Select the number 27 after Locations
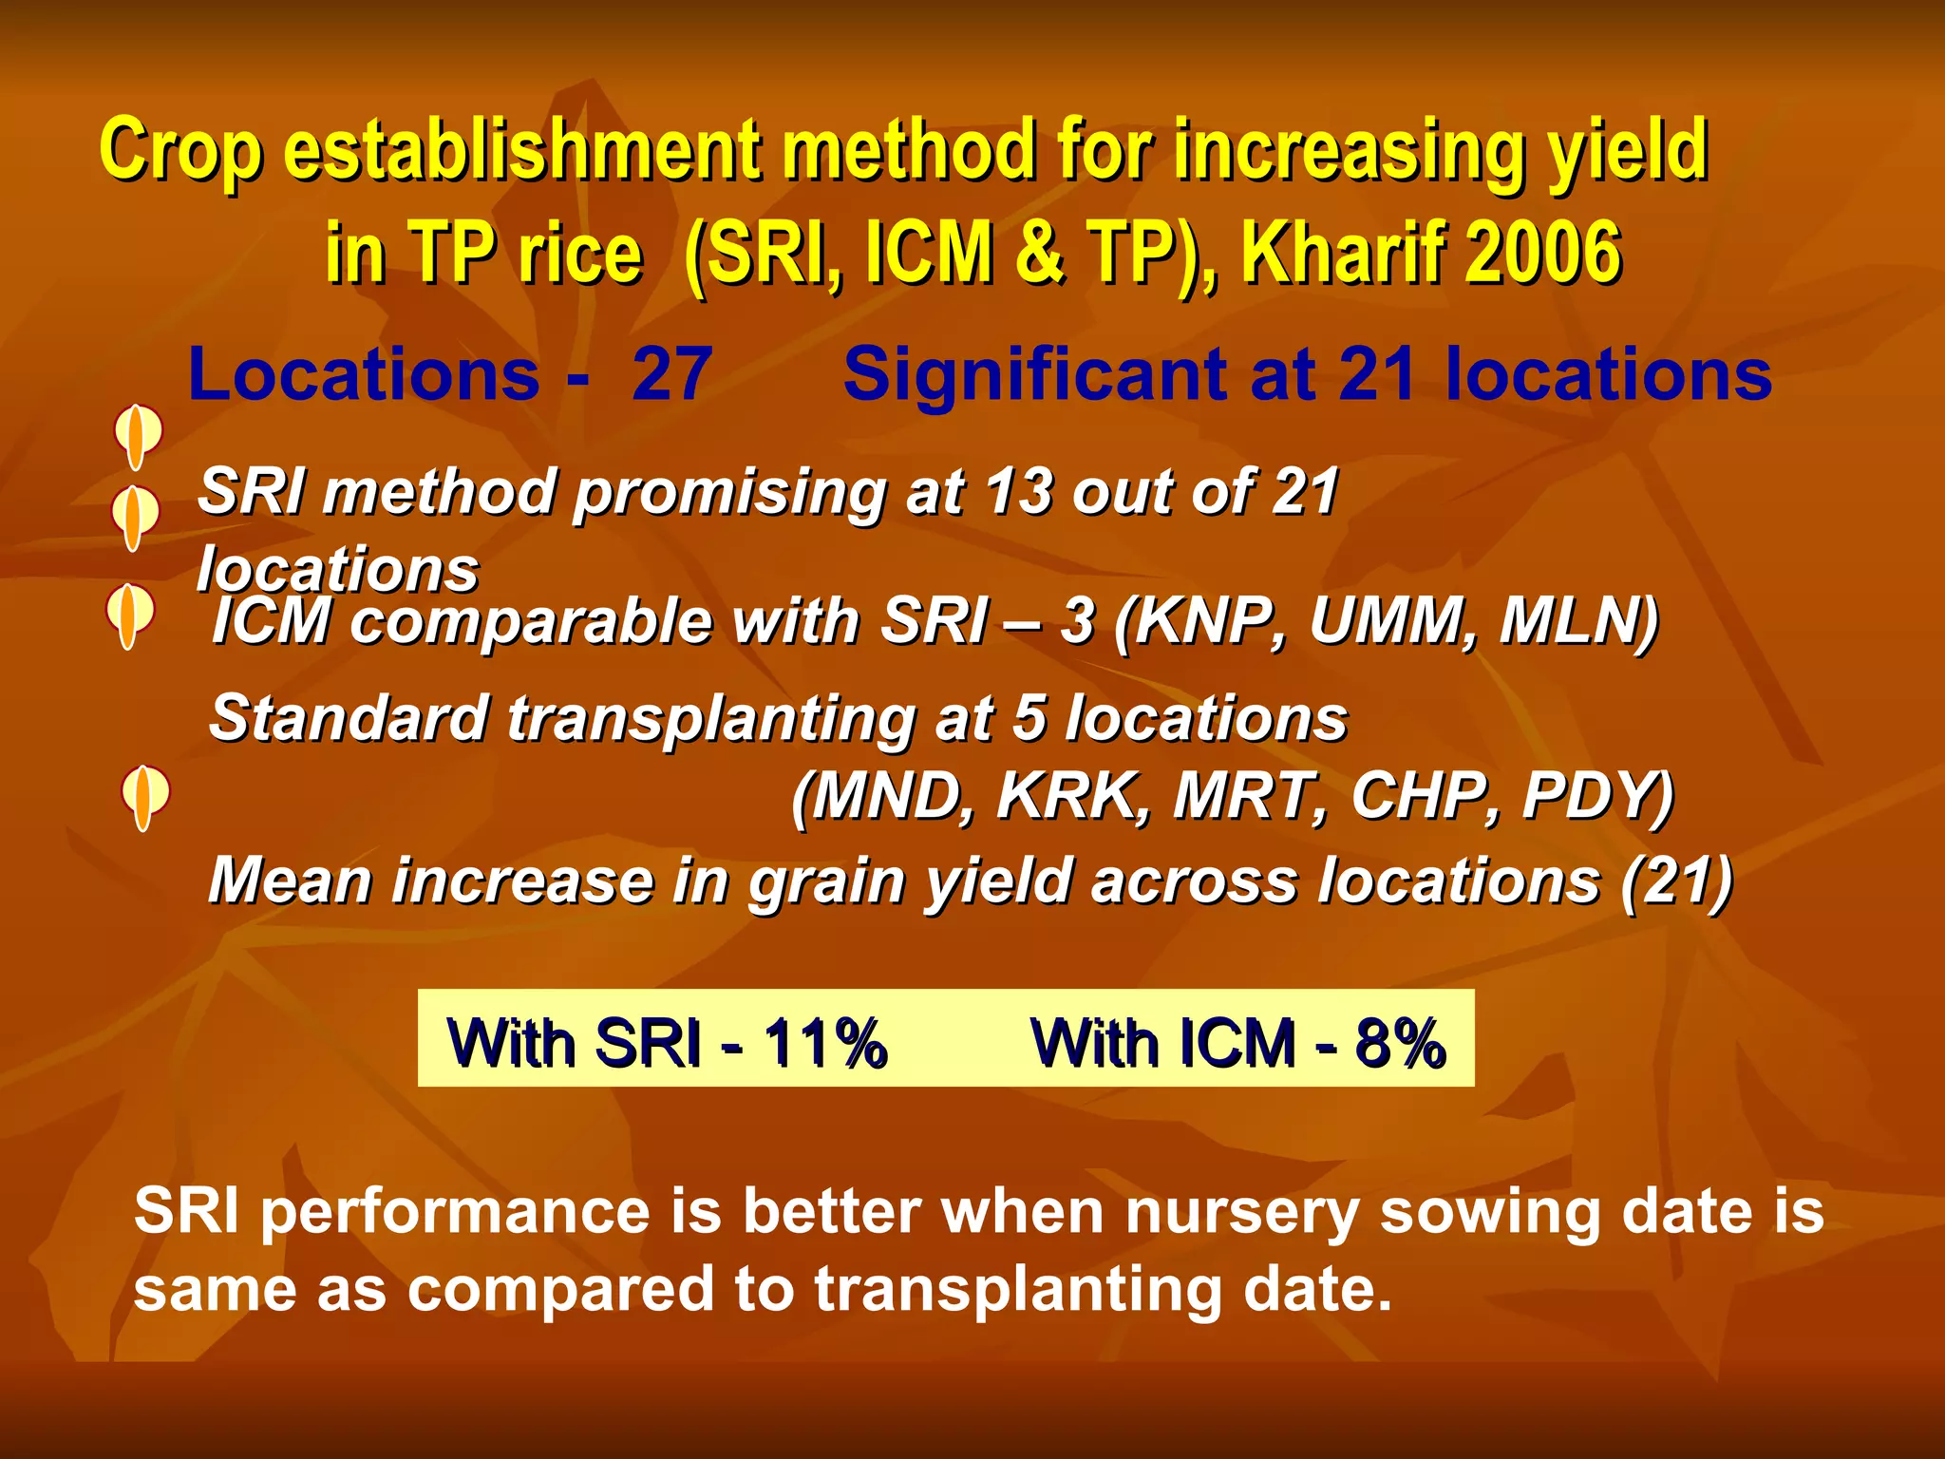672,374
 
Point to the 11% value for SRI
826,1043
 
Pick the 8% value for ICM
1401,1043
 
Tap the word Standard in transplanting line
348,718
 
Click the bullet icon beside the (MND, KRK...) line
144,796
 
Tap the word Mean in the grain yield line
289,881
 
